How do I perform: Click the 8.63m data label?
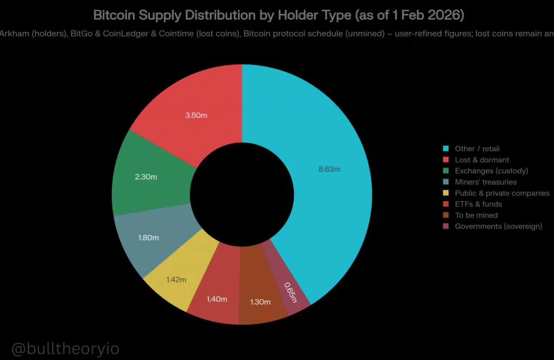pyautogui.click(x=329, y=169)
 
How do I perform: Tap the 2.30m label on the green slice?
pyautogui.click(x=146, y=177)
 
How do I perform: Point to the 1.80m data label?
pyautogui.click(x=148, y=238)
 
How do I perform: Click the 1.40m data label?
pyautogui.click(x=216, y=299)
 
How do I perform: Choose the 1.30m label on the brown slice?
pyautogui.click(x=260, y=302)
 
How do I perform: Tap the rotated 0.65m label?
pyautogui.click(x=291, y=292)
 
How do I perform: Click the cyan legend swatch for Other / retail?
pyautogui.click(x=446, y=149)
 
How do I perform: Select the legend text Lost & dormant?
pyautogui.click(x=482, y=160)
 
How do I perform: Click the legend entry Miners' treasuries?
pyautogui.click(x=485, y=182)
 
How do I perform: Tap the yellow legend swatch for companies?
pyautogui.click(x=446, y=193)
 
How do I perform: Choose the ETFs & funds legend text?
pyautogui.click(x=478, y=204)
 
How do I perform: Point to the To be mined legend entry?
pyautogui.click(x=476, y=215)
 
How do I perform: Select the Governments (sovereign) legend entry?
pyautogui.click(x=498, y=226)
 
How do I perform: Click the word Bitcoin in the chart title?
pyautogui.click(x=113, y=15)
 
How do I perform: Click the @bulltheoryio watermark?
pyautogui.click(x=65, y=349)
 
